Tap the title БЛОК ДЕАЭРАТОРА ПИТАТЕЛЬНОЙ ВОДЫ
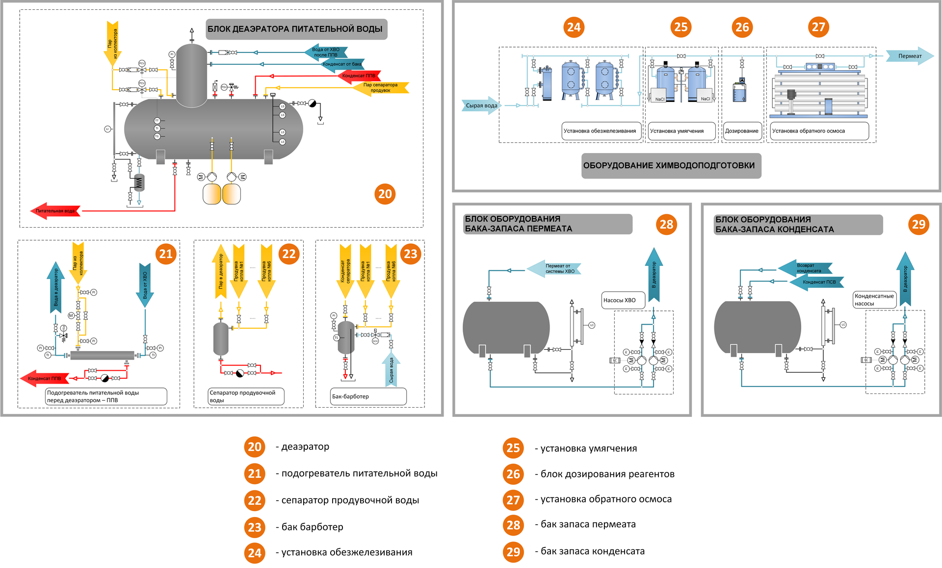click(296, 29)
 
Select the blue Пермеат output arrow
click(909, 56)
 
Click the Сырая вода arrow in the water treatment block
click(481, 105)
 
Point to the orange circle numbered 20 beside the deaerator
click(385, 194)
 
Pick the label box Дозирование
click(741, 131)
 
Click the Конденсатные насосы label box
click(875, 300)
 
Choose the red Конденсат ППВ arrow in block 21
click(45, 378)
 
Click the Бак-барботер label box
click(368, 396)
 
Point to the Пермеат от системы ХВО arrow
click(554, 269)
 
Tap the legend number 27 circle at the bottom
click(513, 500)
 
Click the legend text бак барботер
click(312, 527)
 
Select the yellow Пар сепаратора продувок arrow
click(381, 88)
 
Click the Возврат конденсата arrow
click(806, 268)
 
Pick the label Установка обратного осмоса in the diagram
click(818, 131)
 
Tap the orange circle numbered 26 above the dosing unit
click(742, 27)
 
